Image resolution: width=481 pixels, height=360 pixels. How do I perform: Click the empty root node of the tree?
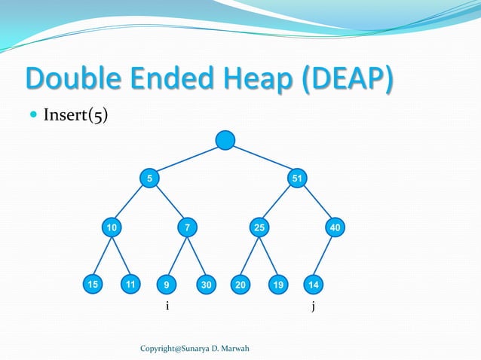[x=225, y=140]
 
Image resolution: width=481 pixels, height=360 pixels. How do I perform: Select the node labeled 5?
[x=149, y=178]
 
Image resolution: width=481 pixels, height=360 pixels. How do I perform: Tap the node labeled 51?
[x=298, y=178]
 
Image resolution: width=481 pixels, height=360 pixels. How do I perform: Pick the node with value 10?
[x=112, y=227]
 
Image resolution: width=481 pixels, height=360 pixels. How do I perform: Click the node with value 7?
[x=186, y=227]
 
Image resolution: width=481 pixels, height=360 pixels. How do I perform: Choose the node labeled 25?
[x=259, y=227]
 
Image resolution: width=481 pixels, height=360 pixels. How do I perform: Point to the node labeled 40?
[x=334, y=227]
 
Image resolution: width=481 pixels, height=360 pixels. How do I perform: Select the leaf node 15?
[x=92, y=285]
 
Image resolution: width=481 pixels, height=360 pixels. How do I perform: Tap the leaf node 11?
[x=131, y=285]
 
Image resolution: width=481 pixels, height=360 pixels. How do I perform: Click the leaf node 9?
[x=167, y=285]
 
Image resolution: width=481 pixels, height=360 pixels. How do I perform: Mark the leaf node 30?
[x=205, y=285]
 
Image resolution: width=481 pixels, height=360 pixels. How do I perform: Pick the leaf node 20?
[x=240, y=285]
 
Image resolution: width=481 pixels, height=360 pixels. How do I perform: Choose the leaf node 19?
[x=278, y=285]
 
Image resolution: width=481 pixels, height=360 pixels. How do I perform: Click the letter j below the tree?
[x=312, y=307]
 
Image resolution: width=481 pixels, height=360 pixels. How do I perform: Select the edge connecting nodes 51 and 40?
[x=316, y=203]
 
